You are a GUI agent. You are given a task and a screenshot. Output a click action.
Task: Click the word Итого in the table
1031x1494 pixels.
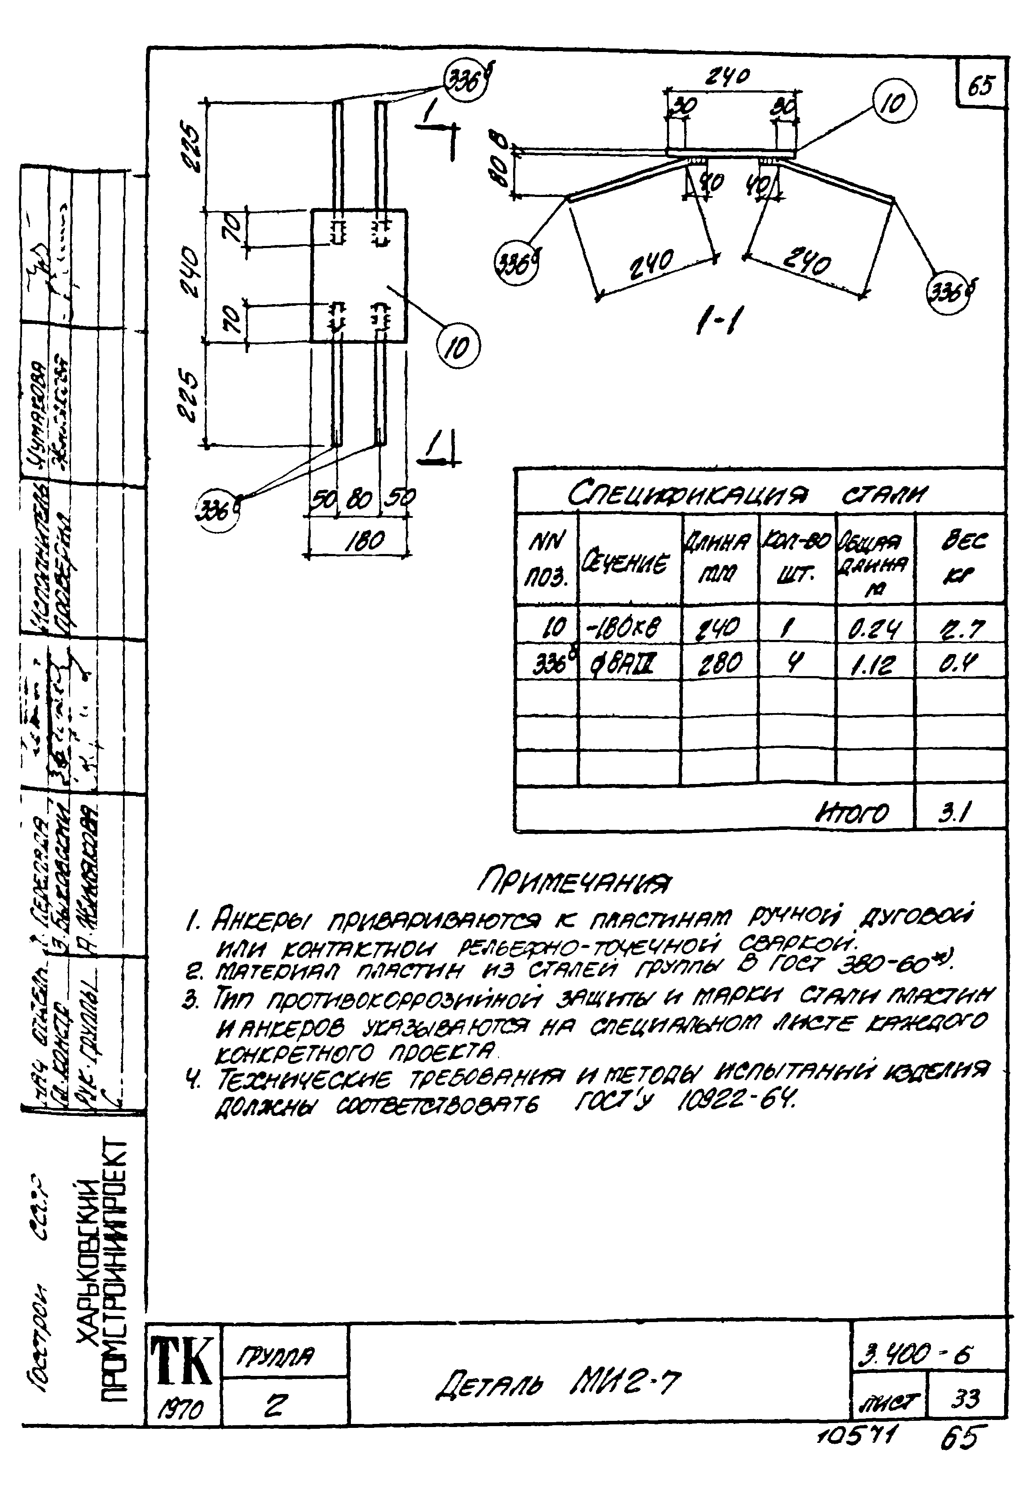click(853, 813)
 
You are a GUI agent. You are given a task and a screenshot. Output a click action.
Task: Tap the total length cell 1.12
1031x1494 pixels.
click(874, 663)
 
